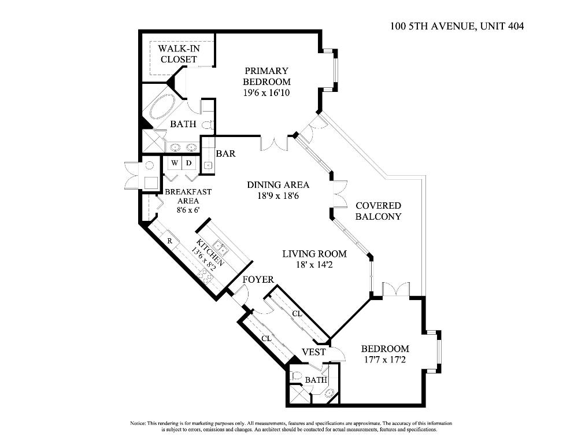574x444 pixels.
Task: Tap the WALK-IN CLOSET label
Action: click(179, 54)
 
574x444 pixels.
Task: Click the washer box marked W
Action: click(174, 163)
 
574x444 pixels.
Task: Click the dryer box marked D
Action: click(188, 163)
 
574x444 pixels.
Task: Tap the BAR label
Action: click(225, 154)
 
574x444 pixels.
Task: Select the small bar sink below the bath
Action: click(208, 165)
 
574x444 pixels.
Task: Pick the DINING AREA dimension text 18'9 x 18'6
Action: click(278, 196)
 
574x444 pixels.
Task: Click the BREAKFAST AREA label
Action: click(188, 196)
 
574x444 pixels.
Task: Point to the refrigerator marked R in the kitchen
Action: click(170, 240)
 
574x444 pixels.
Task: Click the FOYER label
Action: click(258, 280)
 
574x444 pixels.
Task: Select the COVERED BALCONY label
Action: click(378, 211)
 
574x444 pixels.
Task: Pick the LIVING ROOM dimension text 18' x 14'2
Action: click(314, 265)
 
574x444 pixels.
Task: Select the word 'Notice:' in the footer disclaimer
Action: click(139, 424)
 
